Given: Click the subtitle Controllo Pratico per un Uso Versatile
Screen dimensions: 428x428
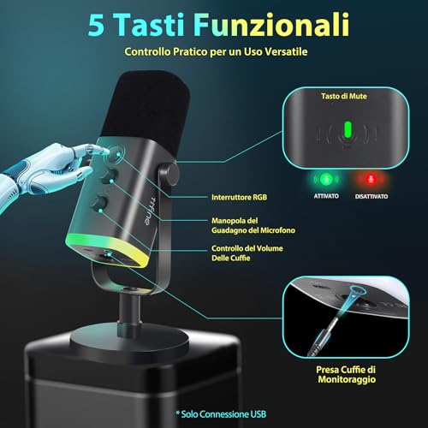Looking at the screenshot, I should (x=213, y=52).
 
